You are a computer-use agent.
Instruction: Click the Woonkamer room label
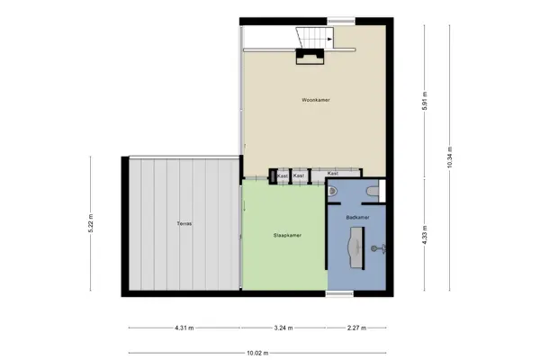(316, 100)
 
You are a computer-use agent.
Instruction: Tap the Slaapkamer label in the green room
(287, 235)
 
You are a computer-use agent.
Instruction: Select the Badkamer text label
(358, 218)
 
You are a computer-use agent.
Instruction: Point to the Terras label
(184, 223)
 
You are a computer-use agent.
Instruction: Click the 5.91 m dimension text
(425, 101)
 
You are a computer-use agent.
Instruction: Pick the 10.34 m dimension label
(450, 157)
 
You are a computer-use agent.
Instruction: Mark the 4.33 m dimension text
(425, 235)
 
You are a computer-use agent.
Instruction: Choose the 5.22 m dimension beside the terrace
(91, 223)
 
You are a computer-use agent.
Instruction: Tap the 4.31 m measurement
(184, 328)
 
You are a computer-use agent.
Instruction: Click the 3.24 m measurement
(283, 328)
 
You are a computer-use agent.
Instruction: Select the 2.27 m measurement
(356, 328)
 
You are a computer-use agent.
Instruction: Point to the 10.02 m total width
(257, 353)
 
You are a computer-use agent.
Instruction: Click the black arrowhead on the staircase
(330, 40)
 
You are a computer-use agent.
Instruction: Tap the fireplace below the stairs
(310, 57)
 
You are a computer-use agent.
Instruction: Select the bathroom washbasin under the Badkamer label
(356, 247)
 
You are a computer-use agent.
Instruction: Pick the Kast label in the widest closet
(333, 174)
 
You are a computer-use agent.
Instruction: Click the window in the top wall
(341, 21)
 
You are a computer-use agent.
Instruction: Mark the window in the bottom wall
(339, 293)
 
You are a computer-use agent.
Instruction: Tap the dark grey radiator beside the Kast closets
(273, 176)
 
